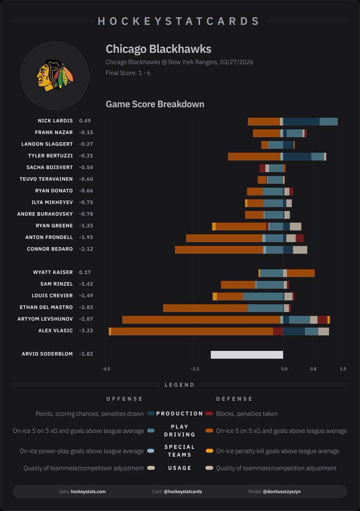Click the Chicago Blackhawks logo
pyautogui.click(x=54, y=76)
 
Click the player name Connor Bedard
pyautogui.click(x=50, y=249)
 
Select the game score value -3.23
pyautogui.click(x=86, y=331)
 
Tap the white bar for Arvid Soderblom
pyautogui.click(x=247, y=354)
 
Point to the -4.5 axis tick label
pyautogui.click(x=106, y=369)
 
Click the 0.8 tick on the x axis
pyautogui.click(x=313, y=369)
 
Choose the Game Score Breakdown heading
pyautogui.click(x=155, y=104)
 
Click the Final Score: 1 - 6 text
pyautogui.click(x=128, y=73)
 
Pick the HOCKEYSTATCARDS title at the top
pyautogui.click(x=179, y=21)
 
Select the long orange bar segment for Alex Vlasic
pyautogui.click(x=192, y=331)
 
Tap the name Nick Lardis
pyautogui.click(x=55, y=121)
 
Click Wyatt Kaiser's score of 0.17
pyautogui.click(x=85, y=273)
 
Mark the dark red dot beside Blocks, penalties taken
pyautogui.click(x=209, y=413)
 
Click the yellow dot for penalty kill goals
pyautogui.click(x=209, y=451)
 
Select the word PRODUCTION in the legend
pyautogui.click(x=180, y=413)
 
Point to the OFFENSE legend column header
pyautogui.click(x=125, y=399)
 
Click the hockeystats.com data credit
pyautogui.click(x=88, y=491)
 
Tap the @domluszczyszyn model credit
pyautogui.click(x=282, y=491)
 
